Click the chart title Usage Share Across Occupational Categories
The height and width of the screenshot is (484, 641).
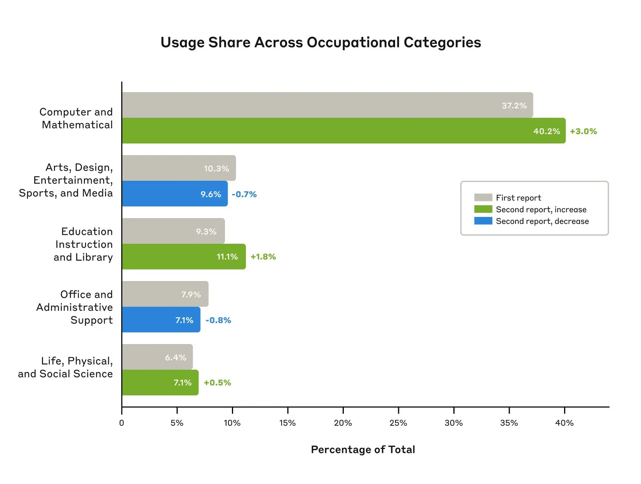click(x=320, y=42)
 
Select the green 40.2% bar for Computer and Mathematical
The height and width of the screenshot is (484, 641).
click(x=343, y=131)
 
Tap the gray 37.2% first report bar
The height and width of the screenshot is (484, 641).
click(x=327, y=105)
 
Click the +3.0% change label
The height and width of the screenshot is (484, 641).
click(x=583, y=131)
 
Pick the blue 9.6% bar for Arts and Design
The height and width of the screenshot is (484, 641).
click(x=174, y=194)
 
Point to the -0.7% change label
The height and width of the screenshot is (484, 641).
click(x=244, y=194)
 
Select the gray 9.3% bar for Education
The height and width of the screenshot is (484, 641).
click(x=173, y=231)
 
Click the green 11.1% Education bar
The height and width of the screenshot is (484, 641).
click(x=183, y=257)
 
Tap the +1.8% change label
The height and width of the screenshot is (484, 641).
click(x=263, y=257)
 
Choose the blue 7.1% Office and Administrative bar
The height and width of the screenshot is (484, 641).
click(x=161, y=320)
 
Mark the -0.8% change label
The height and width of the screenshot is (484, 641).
click(x=218, y=320)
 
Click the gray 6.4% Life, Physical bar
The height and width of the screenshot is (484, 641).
click(x=157, y=357)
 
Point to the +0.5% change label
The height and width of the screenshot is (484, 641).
click(x=217, y=383)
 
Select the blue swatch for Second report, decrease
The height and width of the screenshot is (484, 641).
click(x=483, y=221)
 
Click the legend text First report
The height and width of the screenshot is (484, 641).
click(x=518, y=198)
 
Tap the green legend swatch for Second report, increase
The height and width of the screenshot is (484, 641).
click(x=483, y=209)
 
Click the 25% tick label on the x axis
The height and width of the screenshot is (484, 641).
click(x=398, y=423)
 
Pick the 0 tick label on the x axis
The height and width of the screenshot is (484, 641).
click(x=122, y=423)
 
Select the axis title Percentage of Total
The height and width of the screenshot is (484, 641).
click(x=363, y=450)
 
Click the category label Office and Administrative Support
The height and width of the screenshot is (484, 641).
click(x=75, y=307)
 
